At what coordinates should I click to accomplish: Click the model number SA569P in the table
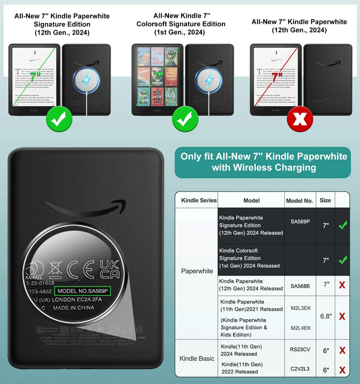pyautogui.click(x=300, y=221)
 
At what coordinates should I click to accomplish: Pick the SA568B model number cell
pyautogui.click(x=300, y=285)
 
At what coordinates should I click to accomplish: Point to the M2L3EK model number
pyautogui.click(x=300, y=308)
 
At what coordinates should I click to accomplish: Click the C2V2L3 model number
pyautogui.click(x=300, y=369)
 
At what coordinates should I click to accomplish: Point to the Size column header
pyautogui.click(x=325, y=201)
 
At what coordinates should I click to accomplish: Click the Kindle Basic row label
pyautogui.click(x=197, y=359)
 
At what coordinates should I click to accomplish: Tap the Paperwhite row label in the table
pyautogui.click(x=197, y=271)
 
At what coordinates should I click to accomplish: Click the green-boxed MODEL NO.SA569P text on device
pyautogui.click(x=83, y=290)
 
